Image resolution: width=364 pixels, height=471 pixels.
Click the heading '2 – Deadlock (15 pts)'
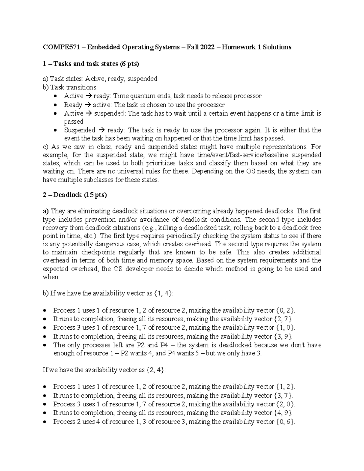tap(75, 195)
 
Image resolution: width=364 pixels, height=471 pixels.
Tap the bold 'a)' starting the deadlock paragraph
tap(46, 211)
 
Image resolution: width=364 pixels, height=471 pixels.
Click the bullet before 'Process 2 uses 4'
tap(45, 422)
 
